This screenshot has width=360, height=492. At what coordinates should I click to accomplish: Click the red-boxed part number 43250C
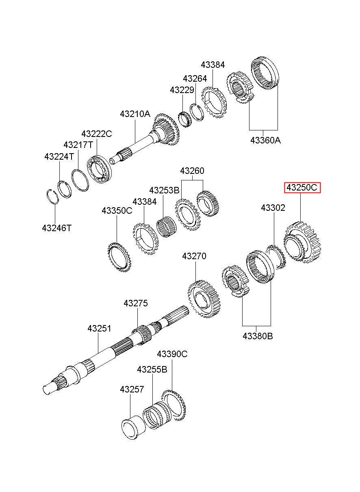point(302,187)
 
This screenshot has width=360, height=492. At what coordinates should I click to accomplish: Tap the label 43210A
point(135,114)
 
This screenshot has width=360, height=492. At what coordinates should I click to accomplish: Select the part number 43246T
point(56,228)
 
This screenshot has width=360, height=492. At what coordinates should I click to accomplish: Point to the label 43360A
point(266,140)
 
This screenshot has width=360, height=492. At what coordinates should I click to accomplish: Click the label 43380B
point(258,336)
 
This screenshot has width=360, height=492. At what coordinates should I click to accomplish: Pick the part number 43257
point(132,389)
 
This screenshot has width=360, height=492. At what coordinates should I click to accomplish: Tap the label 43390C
point(172,354)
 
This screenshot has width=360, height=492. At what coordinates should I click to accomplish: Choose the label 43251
point(99,328)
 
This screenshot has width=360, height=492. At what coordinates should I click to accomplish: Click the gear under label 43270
point(204,299)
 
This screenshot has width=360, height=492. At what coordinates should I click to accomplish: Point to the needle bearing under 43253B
point(166,227)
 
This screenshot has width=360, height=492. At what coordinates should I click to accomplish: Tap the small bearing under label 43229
point(185,119)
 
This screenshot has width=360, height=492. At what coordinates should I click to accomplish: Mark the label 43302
point(273,208)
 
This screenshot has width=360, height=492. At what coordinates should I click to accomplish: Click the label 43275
point(136,303)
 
